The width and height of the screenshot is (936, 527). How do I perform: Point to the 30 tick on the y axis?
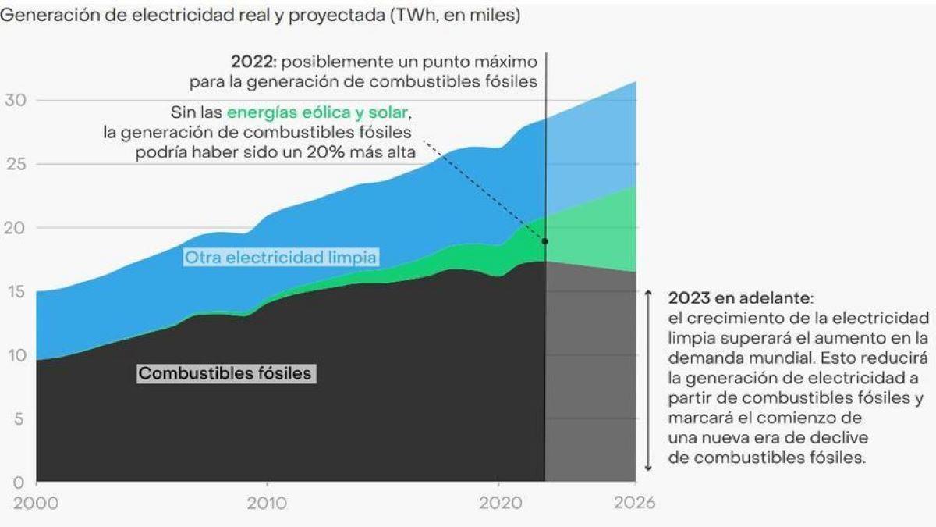pyautogui.click(x=16, y=101)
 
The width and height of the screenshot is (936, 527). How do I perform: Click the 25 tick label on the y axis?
pyautogui.click(x=16, y=165)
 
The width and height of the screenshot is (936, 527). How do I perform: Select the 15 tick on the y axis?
pyautogui.click(x=16, y=292)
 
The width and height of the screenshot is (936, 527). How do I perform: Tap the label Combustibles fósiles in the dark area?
pyautogui.click(x=225, y=373)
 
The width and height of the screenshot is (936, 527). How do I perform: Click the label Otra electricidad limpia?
pyautogui.click(x=281, y=257)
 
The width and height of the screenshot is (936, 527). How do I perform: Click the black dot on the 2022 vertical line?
pyautogui.click(x=544, y=241)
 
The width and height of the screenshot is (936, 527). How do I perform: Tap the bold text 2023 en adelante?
pyautogui.click(x=739, y=299)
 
